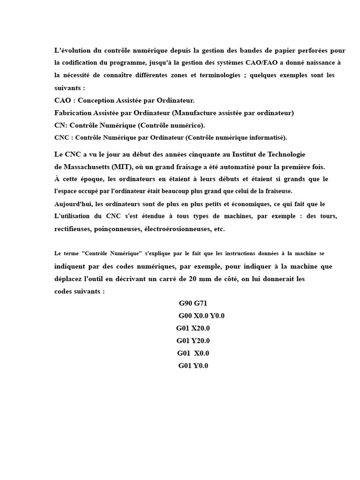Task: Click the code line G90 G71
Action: (193, 303)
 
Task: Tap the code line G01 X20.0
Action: (193, 328)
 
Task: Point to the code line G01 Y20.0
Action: (193, 341)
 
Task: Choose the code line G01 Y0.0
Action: (193, 366)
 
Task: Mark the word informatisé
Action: (266, 137)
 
